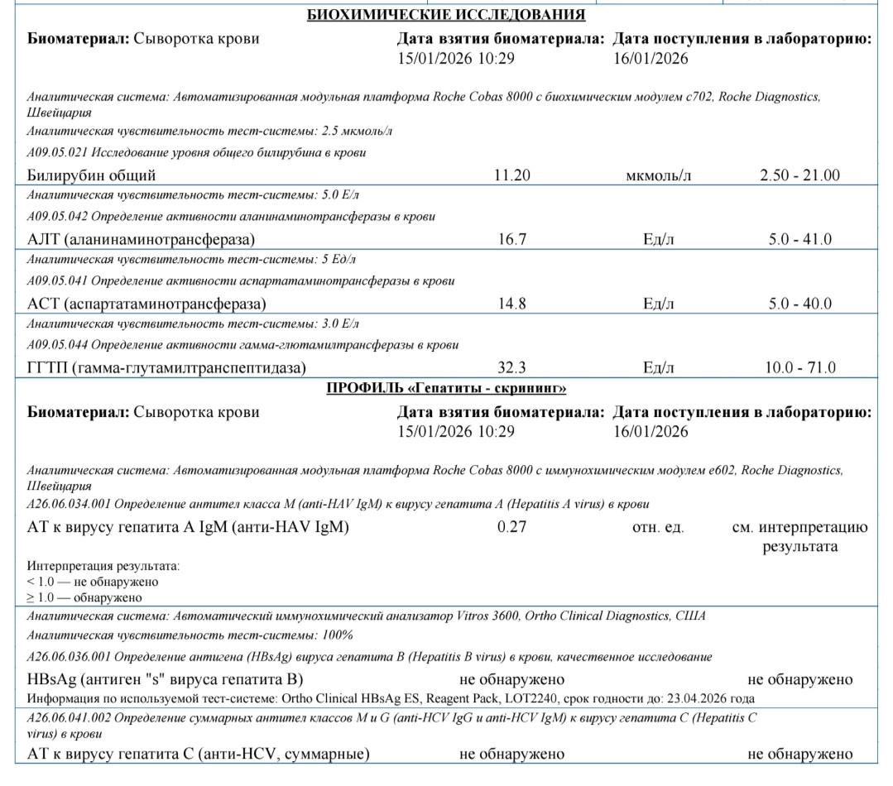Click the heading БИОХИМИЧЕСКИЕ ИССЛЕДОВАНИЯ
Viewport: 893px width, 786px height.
(446, 15)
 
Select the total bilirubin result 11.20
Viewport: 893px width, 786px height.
(511, 175)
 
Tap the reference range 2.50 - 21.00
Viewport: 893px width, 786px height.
(799, 175)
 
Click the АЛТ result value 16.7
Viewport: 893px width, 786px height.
(511, 239)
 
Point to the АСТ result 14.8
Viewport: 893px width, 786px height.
(511, 304)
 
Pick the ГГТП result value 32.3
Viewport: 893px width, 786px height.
(511, 367)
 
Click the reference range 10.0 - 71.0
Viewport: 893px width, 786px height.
(799, 367)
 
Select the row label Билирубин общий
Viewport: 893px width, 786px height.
(91, 175)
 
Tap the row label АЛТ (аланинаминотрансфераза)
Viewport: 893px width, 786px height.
(141, 239)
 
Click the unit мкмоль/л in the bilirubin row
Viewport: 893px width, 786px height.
(659, 175)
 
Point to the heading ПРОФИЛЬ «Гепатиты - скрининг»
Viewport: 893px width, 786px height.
(446, 388)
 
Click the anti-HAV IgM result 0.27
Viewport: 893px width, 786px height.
(511, 527)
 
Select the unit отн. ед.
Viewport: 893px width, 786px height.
(658, 527)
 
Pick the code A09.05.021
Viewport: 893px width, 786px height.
(58, 152)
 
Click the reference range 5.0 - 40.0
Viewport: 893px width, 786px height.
(799, 304)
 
